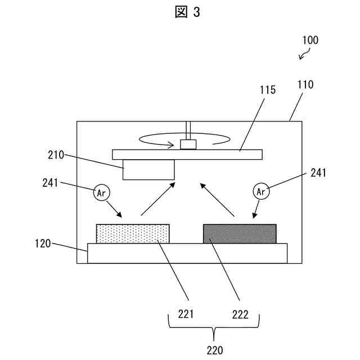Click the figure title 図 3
pos(187,12)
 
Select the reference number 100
pos(310,40)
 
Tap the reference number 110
pos(305,85)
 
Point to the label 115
pos(267,90)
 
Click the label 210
pos(56,155)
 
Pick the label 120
pos(43,244)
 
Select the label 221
pos(186,314)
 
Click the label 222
pos(240,314)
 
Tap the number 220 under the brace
pos(214,350)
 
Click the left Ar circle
pos(102,192)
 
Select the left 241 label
pos(51,182)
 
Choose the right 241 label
pos(318,173)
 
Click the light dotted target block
pos(133,233)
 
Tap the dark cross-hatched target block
pos(240,233)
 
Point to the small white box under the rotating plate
pos(148,169)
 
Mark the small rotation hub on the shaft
pos(188,145)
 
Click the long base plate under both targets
pos(187,253)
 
